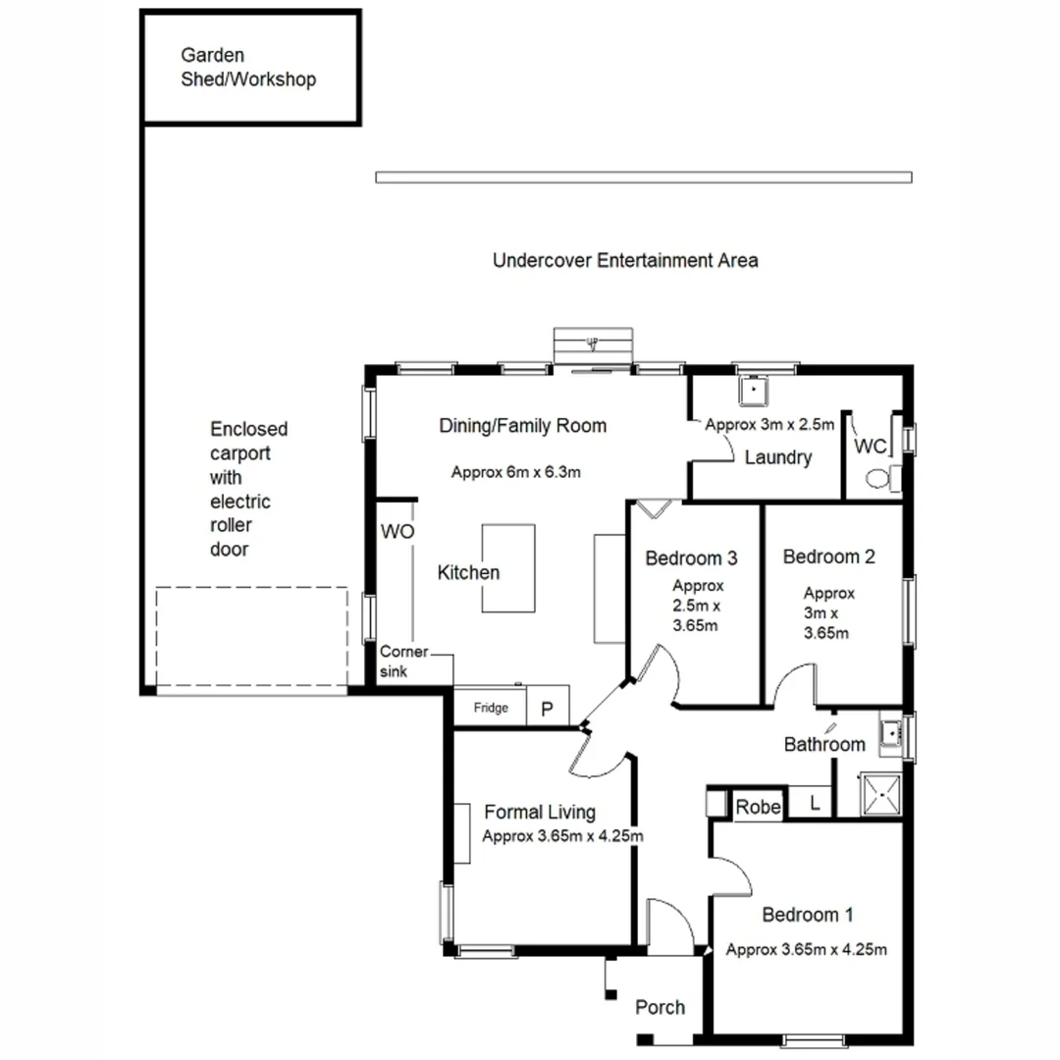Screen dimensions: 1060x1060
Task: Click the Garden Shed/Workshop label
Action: pos(248,68)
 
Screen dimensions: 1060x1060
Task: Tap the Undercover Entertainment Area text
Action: pos(624,260)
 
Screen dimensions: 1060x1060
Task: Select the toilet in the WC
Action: pos(879,478)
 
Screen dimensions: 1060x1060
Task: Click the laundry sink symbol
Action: pos(754,392)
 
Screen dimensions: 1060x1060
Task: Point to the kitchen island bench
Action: pos(508,568)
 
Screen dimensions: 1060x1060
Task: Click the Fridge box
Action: pos(490,707)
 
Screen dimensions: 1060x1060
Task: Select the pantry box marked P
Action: pos(549,708)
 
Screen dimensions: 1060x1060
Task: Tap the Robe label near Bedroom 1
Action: pos(759,807)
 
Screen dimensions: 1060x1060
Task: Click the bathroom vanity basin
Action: pos(891,733)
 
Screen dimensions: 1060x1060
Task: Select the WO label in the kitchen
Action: pos(397,531)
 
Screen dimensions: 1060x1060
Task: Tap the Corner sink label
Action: pos(403,662)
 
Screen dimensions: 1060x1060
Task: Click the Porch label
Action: pos(660,1007)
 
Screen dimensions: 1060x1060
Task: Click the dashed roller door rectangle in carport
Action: pos(251,638)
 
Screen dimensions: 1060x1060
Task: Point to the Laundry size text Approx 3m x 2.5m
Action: pos(769,425)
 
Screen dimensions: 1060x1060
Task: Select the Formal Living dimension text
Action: pos(562,837)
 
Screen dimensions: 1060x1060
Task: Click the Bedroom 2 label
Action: pos(828,556)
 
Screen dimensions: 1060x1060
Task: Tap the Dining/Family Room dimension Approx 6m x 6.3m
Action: pos(516,472)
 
